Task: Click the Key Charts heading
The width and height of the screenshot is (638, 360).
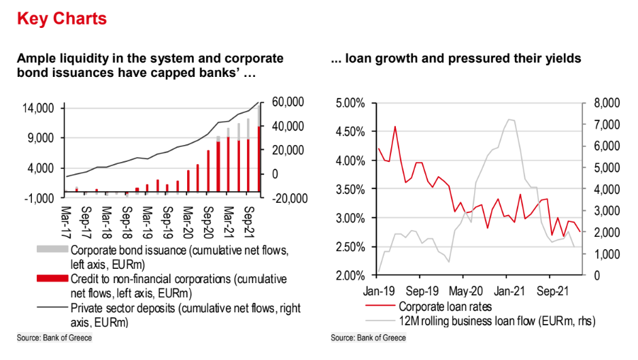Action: click(62, 18)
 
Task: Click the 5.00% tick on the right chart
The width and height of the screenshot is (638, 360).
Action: click(350, 103)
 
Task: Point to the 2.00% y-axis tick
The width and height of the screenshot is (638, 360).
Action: click(350, 276)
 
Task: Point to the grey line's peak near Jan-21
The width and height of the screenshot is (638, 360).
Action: click(508, 120)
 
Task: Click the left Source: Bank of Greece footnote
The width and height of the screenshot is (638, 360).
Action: click(54, 338)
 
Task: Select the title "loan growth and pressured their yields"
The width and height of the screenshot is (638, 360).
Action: click(456, 59)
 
